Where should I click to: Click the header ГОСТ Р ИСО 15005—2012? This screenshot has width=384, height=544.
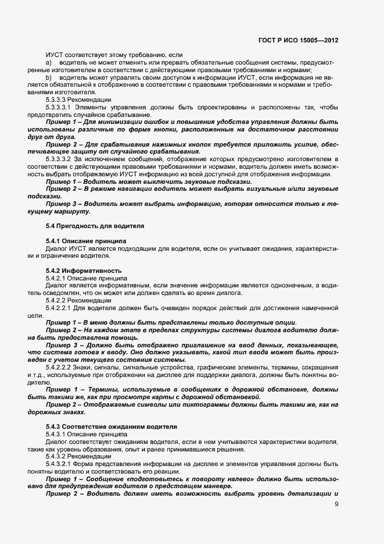point(298,40)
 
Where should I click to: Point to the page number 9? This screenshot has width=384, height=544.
point(336,504)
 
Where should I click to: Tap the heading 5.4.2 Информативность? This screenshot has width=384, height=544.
point(75,271)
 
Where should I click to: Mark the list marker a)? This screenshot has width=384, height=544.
point(49,63)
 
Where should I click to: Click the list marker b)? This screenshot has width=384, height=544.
point(49,77)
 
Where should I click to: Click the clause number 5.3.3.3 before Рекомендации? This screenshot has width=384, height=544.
point(56,100)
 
